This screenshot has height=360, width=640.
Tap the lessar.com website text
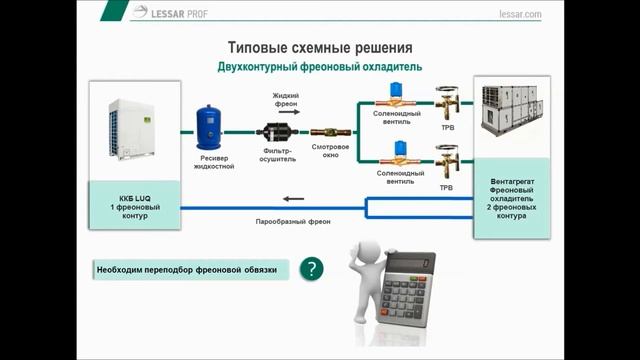518,14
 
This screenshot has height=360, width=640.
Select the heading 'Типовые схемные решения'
320,48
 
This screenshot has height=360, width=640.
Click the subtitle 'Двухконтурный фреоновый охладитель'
320,66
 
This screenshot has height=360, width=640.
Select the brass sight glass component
329,132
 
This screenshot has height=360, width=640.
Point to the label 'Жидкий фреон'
286,100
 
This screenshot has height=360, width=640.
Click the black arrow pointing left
292,198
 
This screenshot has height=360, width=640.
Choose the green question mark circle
312,269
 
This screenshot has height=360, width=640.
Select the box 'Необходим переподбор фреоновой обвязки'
186,270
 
